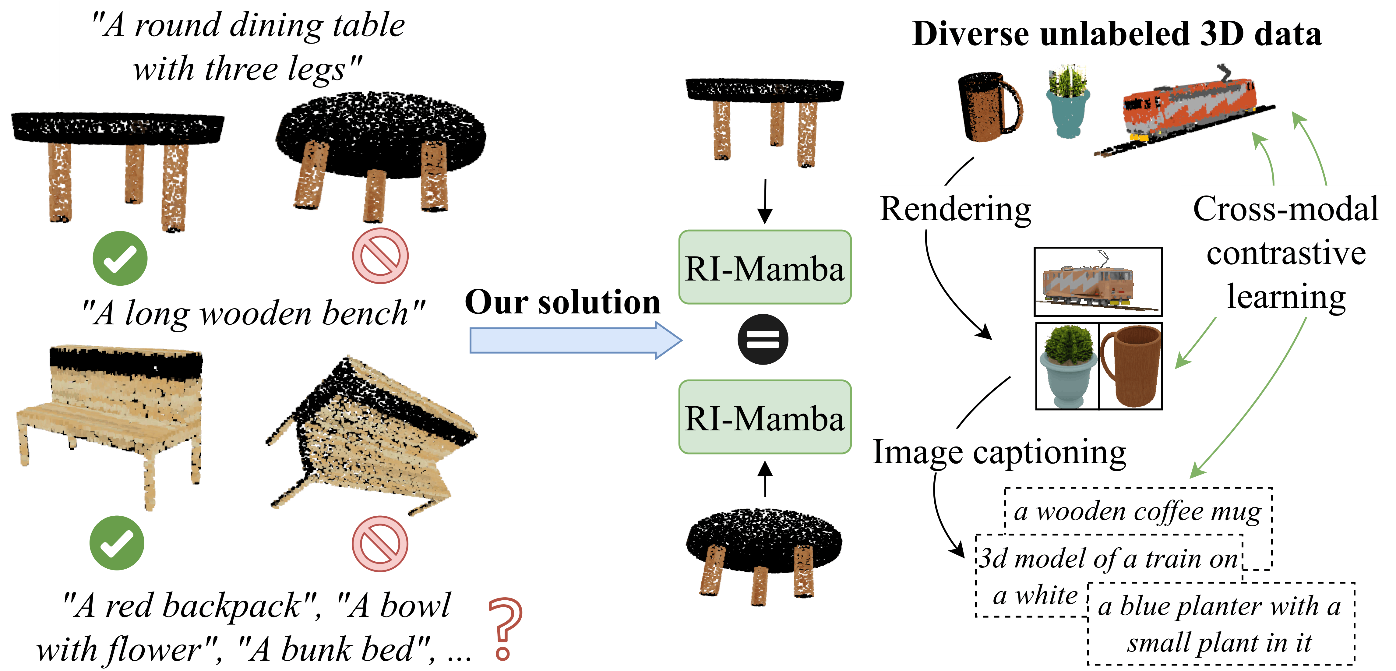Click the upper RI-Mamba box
765,267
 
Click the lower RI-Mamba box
765,417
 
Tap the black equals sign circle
763,339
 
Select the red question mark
505,629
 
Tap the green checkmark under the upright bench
117,542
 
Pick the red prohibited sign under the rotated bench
380,544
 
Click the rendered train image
1098,282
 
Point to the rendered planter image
1067,366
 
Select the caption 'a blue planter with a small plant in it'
1220,624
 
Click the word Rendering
955,209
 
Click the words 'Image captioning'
999,453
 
